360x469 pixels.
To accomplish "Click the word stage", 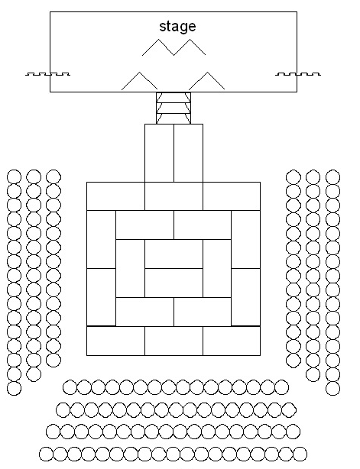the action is click(x=177, y=26).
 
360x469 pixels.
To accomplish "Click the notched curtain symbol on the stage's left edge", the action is click(x=47, y=74).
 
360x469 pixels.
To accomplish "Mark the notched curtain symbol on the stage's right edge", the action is click(x=298, y=74).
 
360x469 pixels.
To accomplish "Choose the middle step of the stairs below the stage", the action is click(x=174, y=108).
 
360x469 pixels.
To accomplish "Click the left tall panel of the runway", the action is click(x=159, y=153).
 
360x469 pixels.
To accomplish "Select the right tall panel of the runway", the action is click(x=188, y=153).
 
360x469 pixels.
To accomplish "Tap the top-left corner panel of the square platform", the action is click(x=116, y=196).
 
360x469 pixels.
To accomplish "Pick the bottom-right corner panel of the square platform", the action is click(x=232, y=341).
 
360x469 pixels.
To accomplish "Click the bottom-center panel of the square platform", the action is click(x=174, y=341).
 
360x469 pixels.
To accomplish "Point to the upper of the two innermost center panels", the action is click(x=174, y=254).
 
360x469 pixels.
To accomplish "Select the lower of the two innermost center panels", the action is click(x=174, y=283).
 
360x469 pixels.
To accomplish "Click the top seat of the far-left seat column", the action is click(x=14, y=176).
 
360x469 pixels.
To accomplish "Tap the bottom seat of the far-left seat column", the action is click(x=14, y=388).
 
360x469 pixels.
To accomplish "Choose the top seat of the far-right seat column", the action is click(x=332, y=176).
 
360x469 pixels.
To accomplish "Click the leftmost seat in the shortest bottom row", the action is click(x=70, y=387).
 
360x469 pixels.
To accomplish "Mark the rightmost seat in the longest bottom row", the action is click(x=300, y=454).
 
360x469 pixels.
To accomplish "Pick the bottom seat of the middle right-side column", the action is click(x=313, y=374).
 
